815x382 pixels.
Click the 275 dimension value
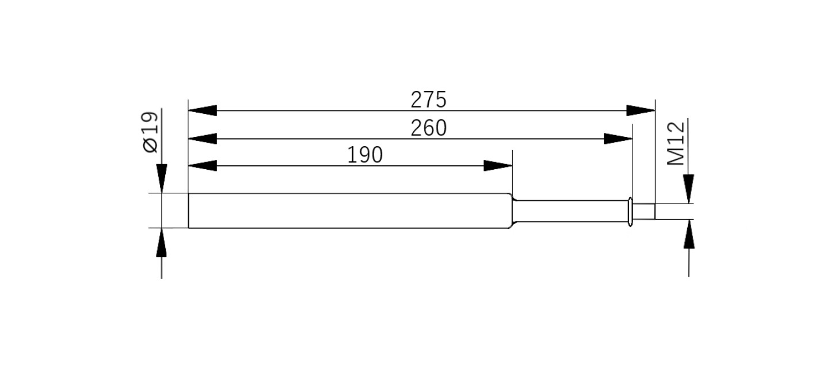(x=428, y=100)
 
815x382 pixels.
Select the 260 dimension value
(x=428, y=128)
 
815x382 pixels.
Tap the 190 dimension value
(x=365, y=155)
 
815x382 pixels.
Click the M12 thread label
(x=677, y=143)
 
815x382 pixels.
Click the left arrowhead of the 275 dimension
(x=202, y=110)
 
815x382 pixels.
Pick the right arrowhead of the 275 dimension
(x=641, y=110)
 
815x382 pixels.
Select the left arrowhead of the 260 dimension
(x=202, y=139)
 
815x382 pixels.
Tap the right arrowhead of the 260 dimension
(x=618, y=139)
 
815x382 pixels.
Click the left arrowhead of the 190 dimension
(x=202, y=166)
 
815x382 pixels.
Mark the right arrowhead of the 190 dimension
(x=497, y=166)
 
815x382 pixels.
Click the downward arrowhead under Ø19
(x=162, y=178)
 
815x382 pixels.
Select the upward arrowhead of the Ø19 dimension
(x=162, y=242)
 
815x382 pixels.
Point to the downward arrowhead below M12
(x=688, y=189)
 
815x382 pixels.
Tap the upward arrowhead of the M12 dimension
(x=688, y=234)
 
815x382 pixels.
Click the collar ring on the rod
(x=630, y=211)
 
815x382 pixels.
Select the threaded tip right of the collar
(x=644, y=211)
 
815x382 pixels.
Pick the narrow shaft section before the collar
(x=570, y=211)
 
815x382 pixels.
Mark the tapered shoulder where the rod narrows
(x=512, y=211)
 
